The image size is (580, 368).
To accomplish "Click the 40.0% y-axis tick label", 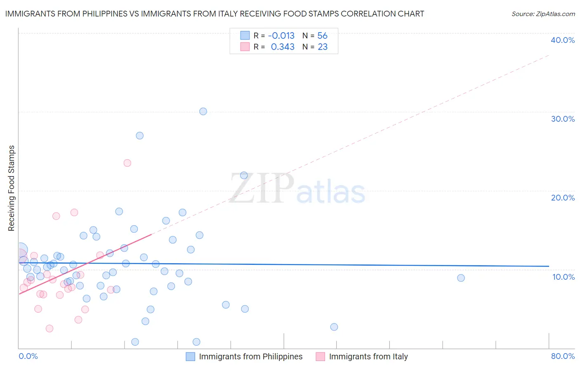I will pyautogui.click(x=563, y=40).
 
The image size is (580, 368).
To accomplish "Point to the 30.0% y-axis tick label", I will pyautogui.click(x=563, y=119).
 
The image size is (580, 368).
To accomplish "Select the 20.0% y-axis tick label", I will pyautogui.click(x=563, y=198).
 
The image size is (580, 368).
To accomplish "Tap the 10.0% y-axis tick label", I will pyautogui.click(x=563, y=277).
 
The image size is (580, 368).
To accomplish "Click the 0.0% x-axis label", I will pyautogui.click(x=28, y=356).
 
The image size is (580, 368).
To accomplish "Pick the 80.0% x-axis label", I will pyautogui.click(x=563, y=356).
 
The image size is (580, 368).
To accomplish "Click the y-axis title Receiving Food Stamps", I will pyautogui.click(x=11, y=188).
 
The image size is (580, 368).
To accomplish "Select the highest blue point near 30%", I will pyautogui.click(x=203, y=111).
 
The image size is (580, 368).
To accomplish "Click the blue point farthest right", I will pyautogui.click(x=461, y=278).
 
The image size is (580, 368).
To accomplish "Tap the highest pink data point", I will pyautogui.click(x=127, y=163).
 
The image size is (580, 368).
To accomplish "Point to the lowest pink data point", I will pyautogui.click(x=50, y=328).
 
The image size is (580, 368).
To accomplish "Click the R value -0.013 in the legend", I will pyautogui.click(x=281, y=36).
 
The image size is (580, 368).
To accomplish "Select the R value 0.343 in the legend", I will pyautogui.click(x=283, y=47).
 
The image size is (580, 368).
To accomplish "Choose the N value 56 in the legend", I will pyautogui.click(x=322, y=36).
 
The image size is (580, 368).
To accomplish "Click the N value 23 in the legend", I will pyautogui.click(x=322, y=47).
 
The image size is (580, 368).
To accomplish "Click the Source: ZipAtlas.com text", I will pyautogui.click(x=543, y=14).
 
